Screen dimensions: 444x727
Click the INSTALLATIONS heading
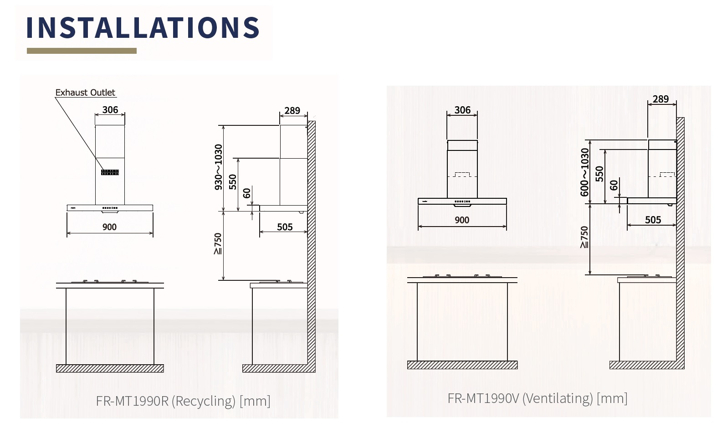[x=143, y=28]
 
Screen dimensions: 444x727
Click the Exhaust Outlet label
[x=85, y=93]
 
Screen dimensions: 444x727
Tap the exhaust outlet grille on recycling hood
[x=110, y=172]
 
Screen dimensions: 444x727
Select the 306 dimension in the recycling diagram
[x=110, y=110]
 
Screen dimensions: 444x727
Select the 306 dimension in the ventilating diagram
[x=462, y=110]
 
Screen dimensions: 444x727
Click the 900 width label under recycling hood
[x=109, y=227]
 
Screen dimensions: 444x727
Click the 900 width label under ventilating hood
[x=462, y=220]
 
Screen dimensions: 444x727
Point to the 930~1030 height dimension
[x=219, y=167]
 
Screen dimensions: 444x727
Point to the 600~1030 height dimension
[x=585, y=172]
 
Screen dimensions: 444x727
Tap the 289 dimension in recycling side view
[x=292, y=111]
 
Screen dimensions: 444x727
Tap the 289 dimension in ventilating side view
[x=660, y=99]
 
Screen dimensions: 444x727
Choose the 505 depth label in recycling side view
[x=285, y=227]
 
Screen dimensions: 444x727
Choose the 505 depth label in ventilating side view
[x=653, y=220]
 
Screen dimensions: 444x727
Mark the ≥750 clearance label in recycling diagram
[x=218, y=244]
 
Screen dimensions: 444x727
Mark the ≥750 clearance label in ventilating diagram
[x=584, y=237]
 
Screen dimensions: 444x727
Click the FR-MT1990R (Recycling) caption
[x=183, y=401]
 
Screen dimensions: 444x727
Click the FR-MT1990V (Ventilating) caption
[x=538, y=398]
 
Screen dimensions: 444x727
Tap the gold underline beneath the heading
[x=82, y=51]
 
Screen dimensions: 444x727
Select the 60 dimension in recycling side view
[x=247, y=193]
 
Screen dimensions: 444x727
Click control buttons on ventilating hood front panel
[x=462, y=201]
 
